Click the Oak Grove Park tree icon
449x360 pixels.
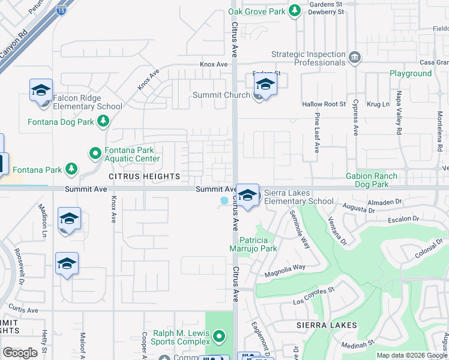point(295,10)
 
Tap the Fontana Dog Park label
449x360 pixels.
point(61,122)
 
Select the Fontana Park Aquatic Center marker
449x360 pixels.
point(95,154)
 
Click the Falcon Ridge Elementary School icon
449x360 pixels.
point(41,91)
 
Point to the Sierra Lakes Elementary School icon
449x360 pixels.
point(247,196)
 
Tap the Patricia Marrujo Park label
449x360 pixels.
point(253,243)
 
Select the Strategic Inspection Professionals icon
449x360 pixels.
point(355,58)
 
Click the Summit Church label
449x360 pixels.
point(221,95)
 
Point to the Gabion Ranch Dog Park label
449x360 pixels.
point(372,180)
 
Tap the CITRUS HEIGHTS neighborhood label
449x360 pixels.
point(144,176)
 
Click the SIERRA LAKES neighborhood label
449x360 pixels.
point(327,325)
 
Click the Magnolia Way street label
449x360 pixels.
point(286,268)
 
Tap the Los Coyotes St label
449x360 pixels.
point(313,292)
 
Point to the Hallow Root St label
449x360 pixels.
point(324,104)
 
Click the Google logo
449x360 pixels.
point(20,353)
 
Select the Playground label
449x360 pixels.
point(411,73)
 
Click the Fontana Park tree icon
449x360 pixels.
point(71,169)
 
